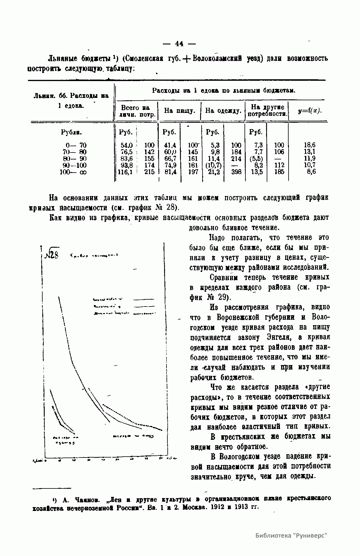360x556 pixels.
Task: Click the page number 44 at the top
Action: (x=179, y=44)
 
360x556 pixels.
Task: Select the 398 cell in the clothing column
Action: (x=236, y=172)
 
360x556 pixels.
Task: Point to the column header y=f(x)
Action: (x=310, y=111)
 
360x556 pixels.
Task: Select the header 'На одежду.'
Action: (x=223, y=111)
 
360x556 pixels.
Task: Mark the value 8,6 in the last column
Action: (x=311, y=172)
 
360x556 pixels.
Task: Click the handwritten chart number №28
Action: (x=52, y=255)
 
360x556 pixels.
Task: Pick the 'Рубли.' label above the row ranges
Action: (x=71, y=132)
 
